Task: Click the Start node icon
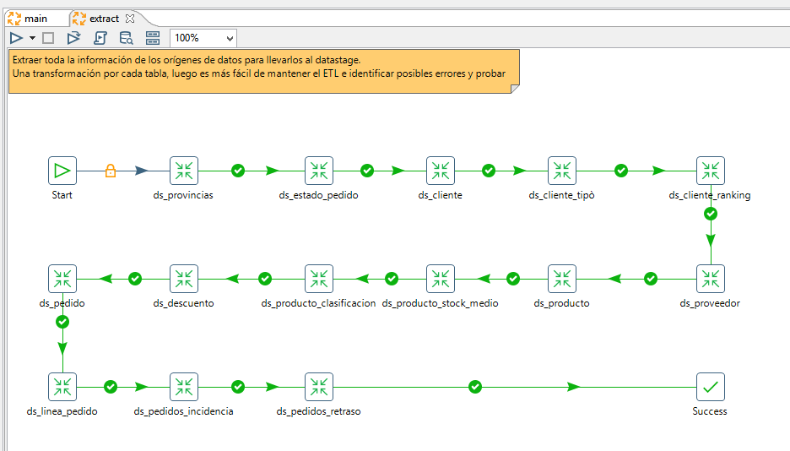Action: point(62,171)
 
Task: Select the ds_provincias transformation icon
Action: point(184,171)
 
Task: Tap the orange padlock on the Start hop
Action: point(111,171)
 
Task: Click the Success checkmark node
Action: point(711,387)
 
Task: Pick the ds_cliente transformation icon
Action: point(441,171)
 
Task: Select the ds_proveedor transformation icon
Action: point(711,279)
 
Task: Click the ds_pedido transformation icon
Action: point(62,279)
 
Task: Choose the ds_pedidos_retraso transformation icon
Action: point(319,387)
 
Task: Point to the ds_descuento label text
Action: point(183,303)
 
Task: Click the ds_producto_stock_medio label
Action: point(440,303)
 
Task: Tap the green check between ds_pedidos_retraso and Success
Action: point(475,387)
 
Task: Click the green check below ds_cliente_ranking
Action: point(711,215)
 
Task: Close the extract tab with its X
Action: point(130,19)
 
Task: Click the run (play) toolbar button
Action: point(16,38)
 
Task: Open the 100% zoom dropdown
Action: point(203,38)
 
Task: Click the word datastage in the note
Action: point(337,60)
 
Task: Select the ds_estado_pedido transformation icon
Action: point(319,171)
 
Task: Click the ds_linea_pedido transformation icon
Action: point(62,387)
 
